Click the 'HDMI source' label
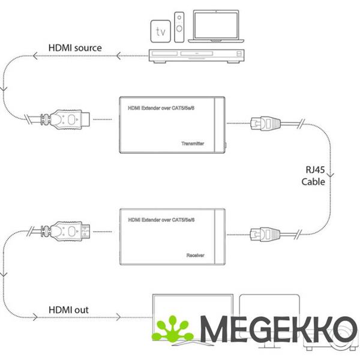click(x=75, y=47)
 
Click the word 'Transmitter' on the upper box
click(x=192, y=144)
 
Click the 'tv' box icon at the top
click(x=160, y=29)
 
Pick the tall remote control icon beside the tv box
click(x=179, y=27)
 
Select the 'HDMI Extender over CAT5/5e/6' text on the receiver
click(x=162, y=221)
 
